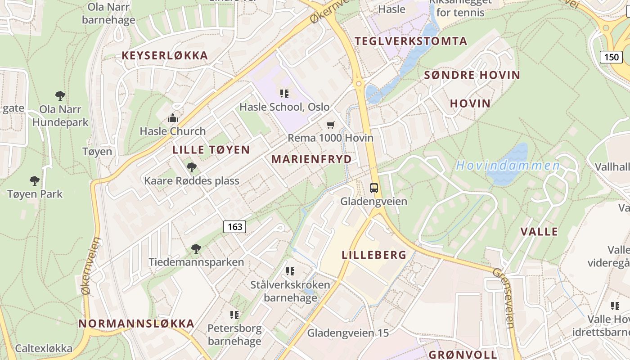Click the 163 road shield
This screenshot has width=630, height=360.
(235, 227)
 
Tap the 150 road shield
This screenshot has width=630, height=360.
(612, 57)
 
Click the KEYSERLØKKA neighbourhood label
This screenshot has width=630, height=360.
(165, 56)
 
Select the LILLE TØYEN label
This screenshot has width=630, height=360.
(211, 150)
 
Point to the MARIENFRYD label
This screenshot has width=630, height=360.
(311, 159)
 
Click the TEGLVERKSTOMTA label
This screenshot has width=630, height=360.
(411, 41)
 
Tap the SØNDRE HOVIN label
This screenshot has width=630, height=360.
(472, 75)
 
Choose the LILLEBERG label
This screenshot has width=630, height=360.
(374, 255)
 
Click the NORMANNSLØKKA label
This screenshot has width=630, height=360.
(136, 324)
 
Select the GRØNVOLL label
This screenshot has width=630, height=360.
(463, 354)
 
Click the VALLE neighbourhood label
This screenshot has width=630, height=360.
(539, 232)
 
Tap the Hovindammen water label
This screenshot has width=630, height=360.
(508, 166)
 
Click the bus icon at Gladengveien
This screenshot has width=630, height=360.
(374, 188)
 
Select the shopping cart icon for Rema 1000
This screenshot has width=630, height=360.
(331, 125)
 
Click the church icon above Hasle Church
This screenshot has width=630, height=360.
(172, 118)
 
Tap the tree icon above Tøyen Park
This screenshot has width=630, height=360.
(35, 181)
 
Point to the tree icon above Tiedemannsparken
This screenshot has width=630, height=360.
(196, 248)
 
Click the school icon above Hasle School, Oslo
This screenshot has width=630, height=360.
(284, 94)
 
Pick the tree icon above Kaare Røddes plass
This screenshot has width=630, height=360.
(192, 167)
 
